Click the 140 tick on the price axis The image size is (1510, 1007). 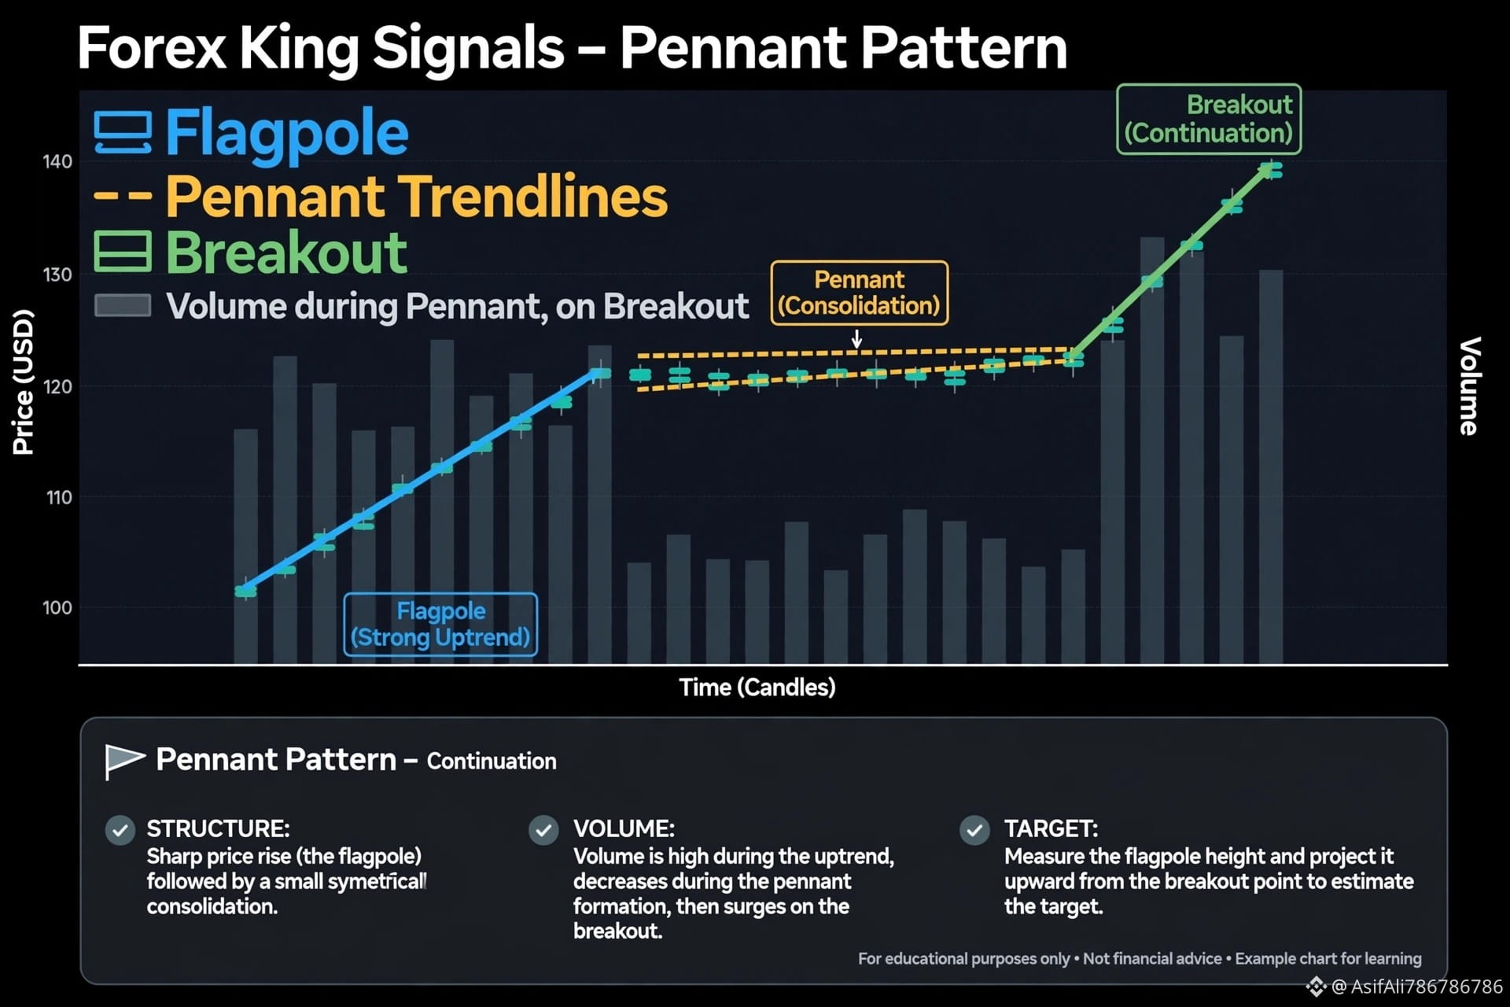[57, 162]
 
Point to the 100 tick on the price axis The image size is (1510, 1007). [57, 607]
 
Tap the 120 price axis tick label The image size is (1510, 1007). [57, 386]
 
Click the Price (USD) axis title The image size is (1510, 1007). [24, 382]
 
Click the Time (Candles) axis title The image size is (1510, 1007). [757, 688]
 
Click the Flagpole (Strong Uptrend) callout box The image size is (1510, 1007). [440, 625]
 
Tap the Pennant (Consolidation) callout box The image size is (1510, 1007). [860, 293]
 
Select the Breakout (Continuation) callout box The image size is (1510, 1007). [1209, 119]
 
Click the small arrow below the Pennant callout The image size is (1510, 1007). [857, 339]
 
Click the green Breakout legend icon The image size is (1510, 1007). [123, 252]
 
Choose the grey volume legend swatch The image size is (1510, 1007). [123, 305]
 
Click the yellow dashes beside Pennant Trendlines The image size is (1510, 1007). [123, 194]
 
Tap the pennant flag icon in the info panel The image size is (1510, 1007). [125, 761]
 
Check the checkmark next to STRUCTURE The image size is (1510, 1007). [120, 830]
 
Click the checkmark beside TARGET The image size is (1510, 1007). [974, 830]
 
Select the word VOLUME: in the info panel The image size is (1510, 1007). [624, 828]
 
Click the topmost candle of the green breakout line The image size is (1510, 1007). [1270, 170]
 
